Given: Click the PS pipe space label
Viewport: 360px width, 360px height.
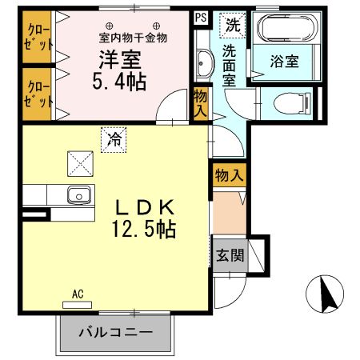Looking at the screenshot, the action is click(x=201, y=18).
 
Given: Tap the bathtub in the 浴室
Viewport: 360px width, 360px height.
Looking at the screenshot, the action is click(x=287, y=28).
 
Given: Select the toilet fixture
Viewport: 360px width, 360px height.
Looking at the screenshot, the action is click(x=292, y=103).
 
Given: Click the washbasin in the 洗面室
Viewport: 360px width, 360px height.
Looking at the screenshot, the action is click(x=205, y=64).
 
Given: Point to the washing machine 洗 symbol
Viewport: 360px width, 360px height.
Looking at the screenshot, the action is click(x=233, y=26).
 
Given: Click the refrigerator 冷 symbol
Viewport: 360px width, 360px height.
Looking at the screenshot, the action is click(x=114, y=140).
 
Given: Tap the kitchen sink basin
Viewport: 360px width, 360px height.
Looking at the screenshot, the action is click(x=79, y=195).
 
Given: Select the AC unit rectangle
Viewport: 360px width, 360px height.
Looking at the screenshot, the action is click(x=77, y=305).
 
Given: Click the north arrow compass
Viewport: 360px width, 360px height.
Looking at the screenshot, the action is click(x=325, y=294).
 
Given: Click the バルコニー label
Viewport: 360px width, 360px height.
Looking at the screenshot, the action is click(x=116, y=332).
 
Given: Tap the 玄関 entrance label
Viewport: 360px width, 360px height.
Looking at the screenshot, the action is click(x=230, y=255).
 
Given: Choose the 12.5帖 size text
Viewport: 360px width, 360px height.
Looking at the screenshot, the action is click(x=144, y=229).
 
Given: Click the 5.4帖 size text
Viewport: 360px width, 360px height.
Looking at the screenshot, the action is click(x=119, y=82).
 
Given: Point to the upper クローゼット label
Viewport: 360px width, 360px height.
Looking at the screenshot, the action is click(x=38, y=37).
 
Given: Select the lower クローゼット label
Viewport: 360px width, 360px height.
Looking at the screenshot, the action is click(x=38, y=94).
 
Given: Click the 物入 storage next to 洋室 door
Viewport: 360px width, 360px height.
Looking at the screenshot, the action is click(x=200, y=103).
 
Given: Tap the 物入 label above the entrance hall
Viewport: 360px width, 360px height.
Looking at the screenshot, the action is click(x=230, y=175).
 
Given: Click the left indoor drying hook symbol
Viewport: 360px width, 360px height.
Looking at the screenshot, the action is click(x=110, y=26).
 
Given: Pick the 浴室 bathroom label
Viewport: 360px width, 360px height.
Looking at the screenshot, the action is click(x=284, y=61).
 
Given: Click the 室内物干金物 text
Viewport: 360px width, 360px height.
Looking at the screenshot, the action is click(x=133, y=38).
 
